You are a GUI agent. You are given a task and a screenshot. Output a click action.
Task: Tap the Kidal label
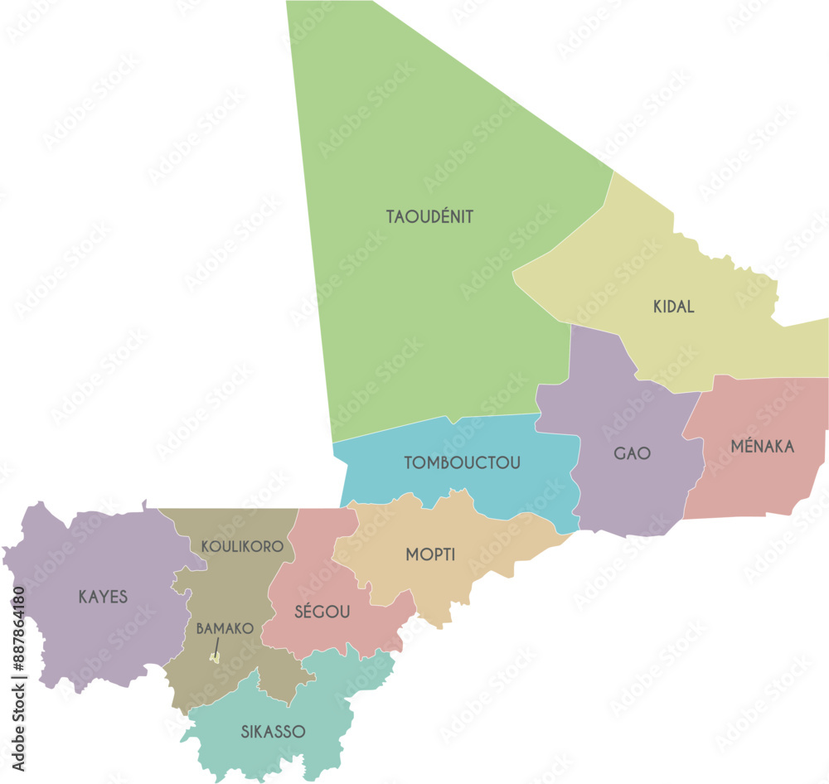click(x=673, y=307)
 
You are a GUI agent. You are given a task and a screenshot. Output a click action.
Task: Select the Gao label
click(x=632, y=454)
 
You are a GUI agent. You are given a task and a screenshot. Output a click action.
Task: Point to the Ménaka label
click(x=762, y=448)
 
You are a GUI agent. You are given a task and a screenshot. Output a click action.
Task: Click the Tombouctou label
click(x=463, y=463)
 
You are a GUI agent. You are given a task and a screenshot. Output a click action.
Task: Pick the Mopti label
click(x=430, y=555)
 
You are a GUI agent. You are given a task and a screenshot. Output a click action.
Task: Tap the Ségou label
click(x=322, y=612)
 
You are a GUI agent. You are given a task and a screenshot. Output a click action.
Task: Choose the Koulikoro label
click(x=242, y=547)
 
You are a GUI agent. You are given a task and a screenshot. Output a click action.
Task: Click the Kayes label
click(x=103, y=597)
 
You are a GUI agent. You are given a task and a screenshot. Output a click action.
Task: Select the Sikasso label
click(x=273, y=733)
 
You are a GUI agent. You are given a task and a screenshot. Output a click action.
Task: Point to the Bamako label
click(x=224, y=629)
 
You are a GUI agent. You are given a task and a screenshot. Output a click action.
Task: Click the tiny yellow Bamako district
click(x=214, y=659)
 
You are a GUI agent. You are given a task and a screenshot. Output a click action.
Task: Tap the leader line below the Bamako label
click(x=217, y=646)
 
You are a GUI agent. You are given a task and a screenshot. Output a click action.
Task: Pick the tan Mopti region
click(x=464, y=580)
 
